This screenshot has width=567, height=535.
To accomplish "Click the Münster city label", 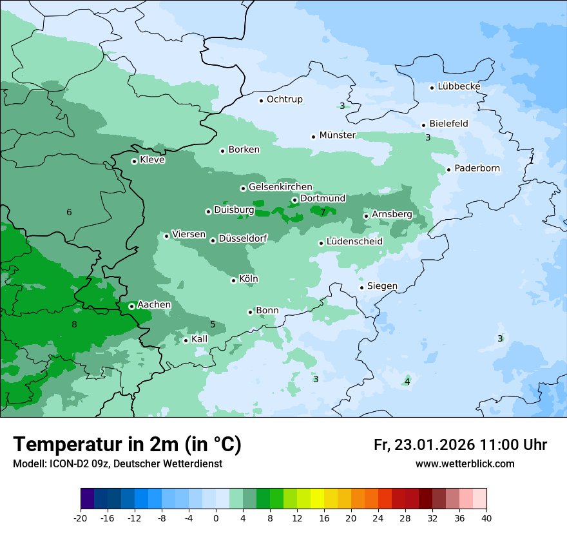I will pos(337,135).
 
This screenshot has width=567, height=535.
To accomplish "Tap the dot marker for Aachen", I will pos(131,306).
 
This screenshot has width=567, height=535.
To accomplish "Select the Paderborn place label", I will pos(477,169).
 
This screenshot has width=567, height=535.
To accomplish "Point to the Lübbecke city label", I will pos(459,87).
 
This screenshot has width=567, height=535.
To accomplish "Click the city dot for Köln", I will pos(234,280).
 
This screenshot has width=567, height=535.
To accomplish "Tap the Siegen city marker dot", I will pos(362,287).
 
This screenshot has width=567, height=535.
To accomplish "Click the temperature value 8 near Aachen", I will pos(74,324).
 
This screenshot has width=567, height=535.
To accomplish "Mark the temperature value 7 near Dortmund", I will pos(323,212).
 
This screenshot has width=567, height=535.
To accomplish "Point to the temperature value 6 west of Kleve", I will pos(69,213).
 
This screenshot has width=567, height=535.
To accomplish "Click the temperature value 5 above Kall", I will pos(213,324).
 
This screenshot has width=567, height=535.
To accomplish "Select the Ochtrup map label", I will pos(284,100).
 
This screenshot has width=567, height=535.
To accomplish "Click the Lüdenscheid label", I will pos(354,242).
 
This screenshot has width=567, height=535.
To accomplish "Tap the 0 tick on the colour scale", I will pos(216,518).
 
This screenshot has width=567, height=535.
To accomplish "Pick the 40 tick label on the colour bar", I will pos(486,518).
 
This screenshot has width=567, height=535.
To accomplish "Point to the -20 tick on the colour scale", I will pos(81,518).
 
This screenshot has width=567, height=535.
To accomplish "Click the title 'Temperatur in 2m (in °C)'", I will pos(127,445).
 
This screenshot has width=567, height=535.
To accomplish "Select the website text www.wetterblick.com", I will pos(465,464).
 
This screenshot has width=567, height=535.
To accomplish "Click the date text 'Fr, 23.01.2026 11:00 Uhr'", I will pos(460,445).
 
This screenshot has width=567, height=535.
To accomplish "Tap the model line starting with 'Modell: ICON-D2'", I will pos(117,464).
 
